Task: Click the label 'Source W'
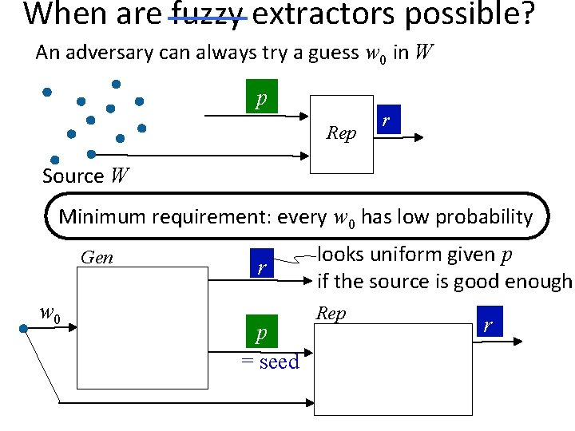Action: tap(85, 175)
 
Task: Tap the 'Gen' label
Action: tap(97, 258)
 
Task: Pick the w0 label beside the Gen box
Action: tap(50, 311)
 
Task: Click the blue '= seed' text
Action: tap(270, 362)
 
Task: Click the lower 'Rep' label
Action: tap(331, 313)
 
